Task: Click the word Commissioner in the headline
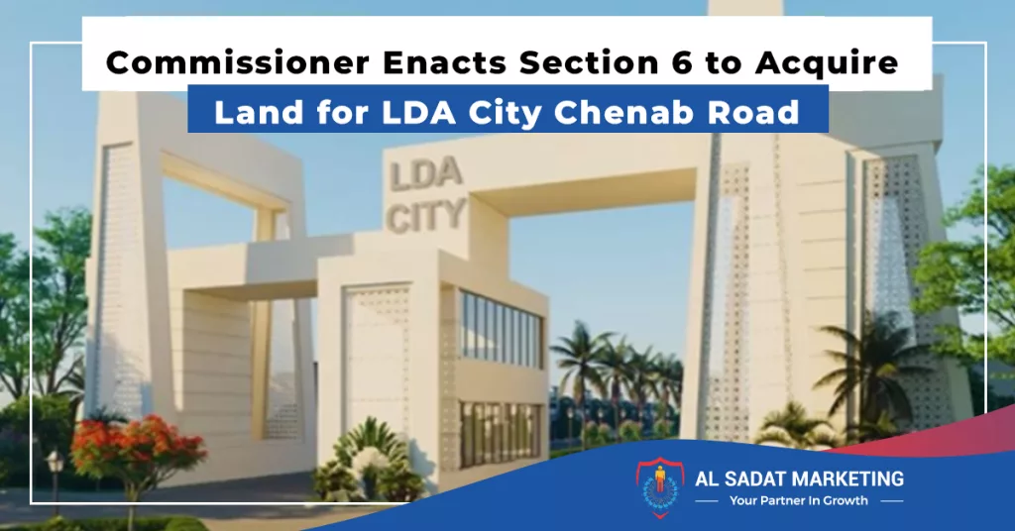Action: pos(238,62)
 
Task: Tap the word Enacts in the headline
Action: pos(445,62)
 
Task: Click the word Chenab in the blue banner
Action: pos(624,113)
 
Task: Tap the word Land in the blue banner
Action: pos(259,113)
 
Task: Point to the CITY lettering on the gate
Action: pos(426,216)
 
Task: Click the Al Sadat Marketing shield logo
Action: pos(659,488)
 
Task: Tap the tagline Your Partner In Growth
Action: pos(799,500)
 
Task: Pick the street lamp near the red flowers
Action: pos(56,478)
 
